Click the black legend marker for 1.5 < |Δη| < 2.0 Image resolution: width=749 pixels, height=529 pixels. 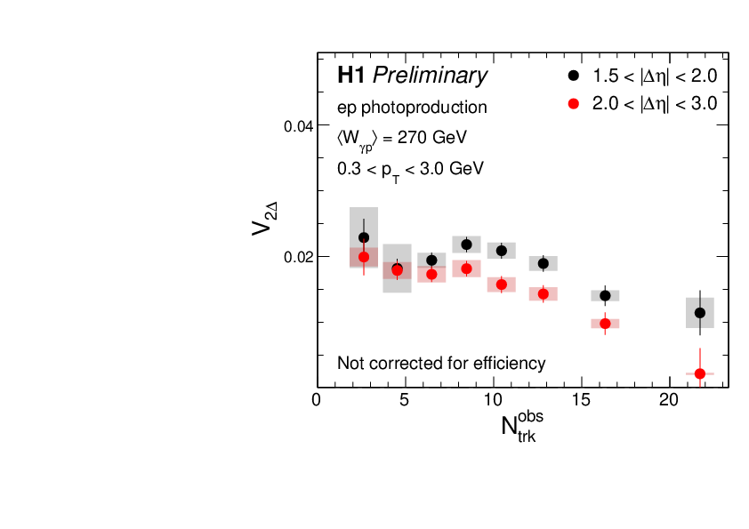(x=574, y=76)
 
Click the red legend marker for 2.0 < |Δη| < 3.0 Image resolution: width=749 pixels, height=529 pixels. (x=574, y=103)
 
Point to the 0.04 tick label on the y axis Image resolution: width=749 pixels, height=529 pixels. (x=298, y=126)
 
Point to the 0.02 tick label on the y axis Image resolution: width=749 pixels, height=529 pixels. (x=298, y=257)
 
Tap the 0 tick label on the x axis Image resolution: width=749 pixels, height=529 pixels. (x=318, y=400)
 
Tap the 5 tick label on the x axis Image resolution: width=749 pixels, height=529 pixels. (x=406, y=400)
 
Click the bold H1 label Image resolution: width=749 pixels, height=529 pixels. (x=351, y=76)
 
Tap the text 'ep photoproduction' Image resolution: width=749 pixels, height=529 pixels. (x=412, y=108)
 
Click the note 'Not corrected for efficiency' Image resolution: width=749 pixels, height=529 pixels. (x=441, y=363)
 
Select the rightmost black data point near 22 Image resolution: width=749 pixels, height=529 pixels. (x=700, y=313)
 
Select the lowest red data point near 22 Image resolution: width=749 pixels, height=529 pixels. (x=700, y=373)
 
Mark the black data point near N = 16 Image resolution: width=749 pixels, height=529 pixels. (x=605, y=296)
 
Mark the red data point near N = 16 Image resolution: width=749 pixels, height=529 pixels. (x=605, y=324)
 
